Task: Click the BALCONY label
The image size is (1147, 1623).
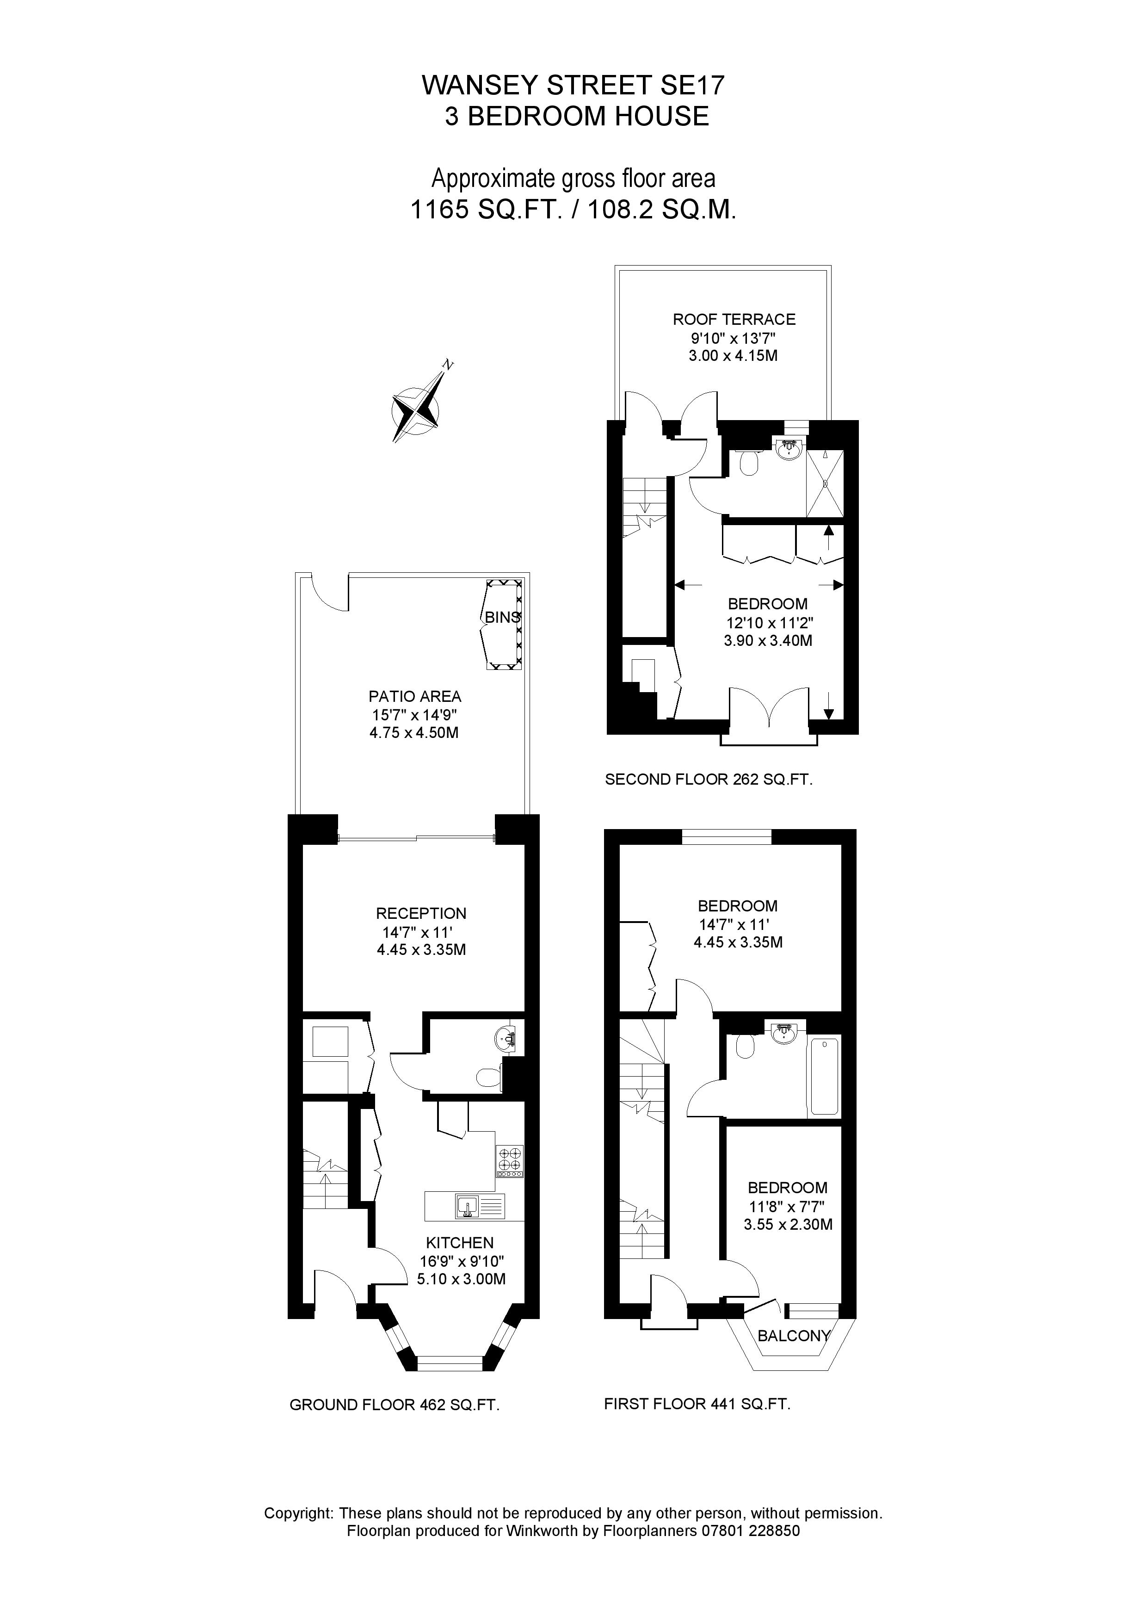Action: (793, 1335)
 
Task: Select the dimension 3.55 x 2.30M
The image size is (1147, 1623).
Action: (787, 1224)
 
